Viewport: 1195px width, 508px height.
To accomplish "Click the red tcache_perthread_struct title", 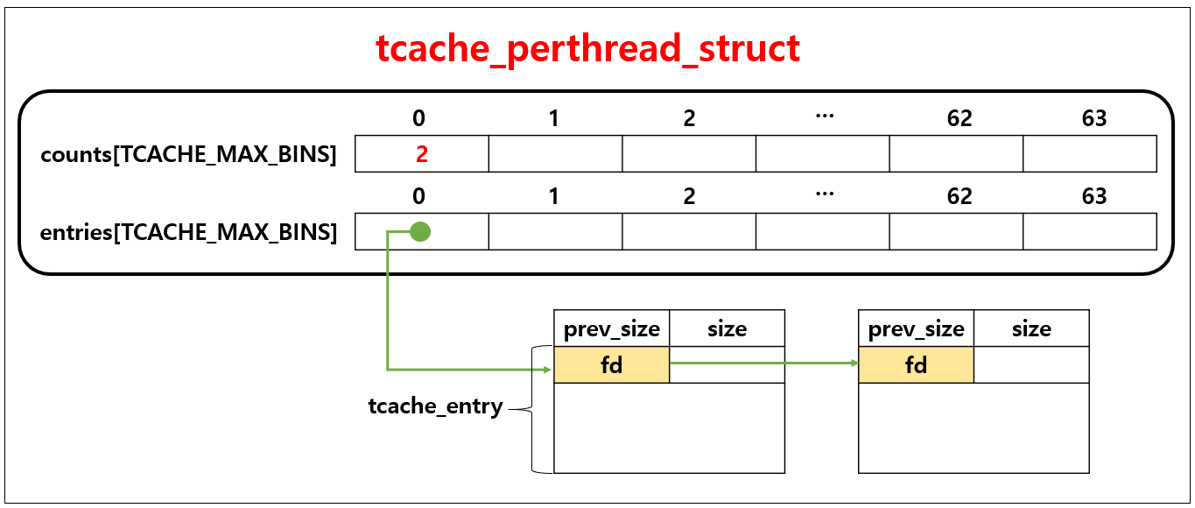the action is (x=588, y=49).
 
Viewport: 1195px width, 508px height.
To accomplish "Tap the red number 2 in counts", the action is (x=421, y=154).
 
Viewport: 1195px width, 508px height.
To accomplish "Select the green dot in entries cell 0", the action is (x=420, y=232).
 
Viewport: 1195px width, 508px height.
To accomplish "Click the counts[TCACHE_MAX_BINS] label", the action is (x=188, y=155).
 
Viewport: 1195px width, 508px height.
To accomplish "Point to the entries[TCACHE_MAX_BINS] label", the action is (x=188, y=233).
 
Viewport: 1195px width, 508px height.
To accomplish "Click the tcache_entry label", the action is (x=435, y=406).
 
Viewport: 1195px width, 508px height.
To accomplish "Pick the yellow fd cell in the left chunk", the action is (x=611, y=365).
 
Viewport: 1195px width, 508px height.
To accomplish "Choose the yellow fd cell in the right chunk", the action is (x=916, y=365).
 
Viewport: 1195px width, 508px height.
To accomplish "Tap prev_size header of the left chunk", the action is (x=611, y=329).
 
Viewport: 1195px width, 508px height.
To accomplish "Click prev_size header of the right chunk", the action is (x=916, y=329).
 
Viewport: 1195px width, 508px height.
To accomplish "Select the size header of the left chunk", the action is (x=727, y=329).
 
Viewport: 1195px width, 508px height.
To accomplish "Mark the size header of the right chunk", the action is (x=1031, y=329).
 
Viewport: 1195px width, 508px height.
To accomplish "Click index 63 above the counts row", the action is (x=1094, y=118).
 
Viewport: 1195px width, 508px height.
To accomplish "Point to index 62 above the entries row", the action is (x=960, y=196).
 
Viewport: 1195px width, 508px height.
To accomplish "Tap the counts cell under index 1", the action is (x=555, y=154).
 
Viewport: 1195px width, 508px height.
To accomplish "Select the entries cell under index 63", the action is (x=1090, y=232).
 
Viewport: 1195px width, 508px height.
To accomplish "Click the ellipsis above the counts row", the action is (x=824, y=116).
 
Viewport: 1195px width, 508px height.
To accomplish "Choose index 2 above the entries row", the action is (x=690, y=196).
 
